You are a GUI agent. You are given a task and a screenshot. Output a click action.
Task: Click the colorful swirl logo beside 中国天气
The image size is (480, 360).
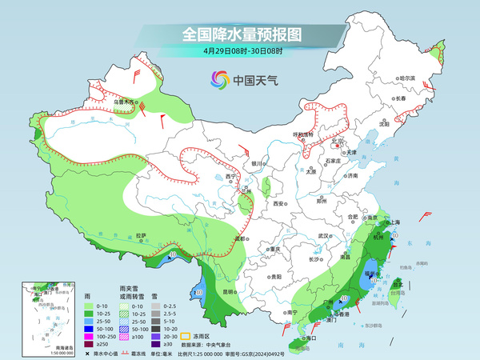[x=218, y=79]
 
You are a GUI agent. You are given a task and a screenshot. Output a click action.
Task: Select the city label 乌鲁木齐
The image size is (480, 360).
[x=122, y=102]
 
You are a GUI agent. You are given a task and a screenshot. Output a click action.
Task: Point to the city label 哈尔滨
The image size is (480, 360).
[x=408, y=78]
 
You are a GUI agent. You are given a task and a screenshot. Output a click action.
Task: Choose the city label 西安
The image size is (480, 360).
[x=279, y=204]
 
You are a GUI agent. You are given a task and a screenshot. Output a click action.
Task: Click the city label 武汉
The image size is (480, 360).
[x=324, y=236]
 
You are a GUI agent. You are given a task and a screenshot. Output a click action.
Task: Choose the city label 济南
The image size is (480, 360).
[x=351, y=175]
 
